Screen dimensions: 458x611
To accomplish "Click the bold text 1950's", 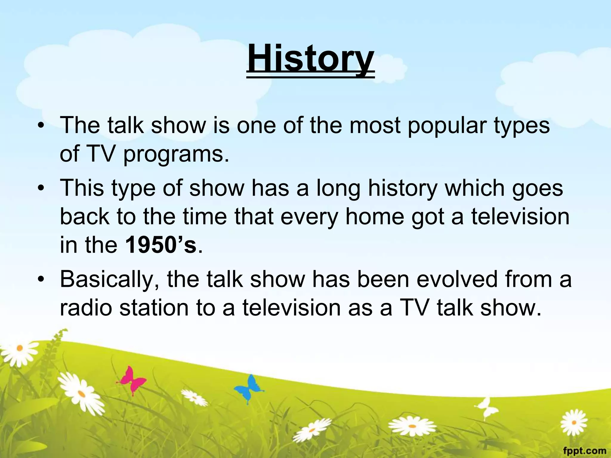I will [161, 245].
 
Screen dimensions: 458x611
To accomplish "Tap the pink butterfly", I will [132, 380].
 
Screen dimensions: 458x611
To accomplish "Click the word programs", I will [176, 155].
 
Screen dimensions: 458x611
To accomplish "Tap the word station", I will [154, 307].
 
